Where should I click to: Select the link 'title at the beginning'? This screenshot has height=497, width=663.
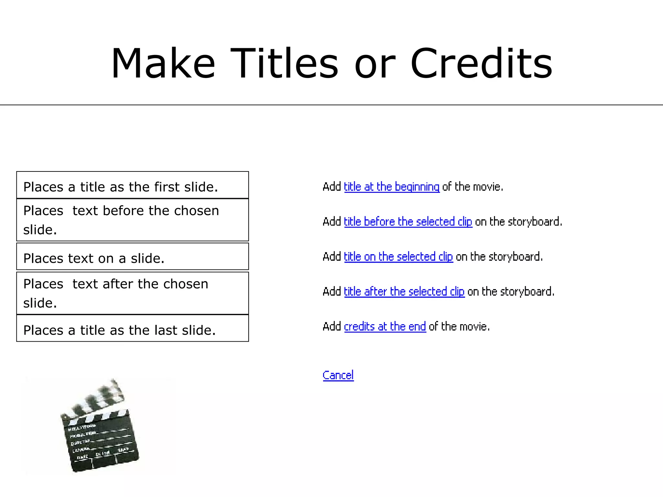tap(391, 187)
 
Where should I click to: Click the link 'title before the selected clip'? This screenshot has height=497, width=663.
tap(408, 222)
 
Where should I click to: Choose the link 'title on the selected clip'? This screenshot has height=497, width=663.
tap(398, 257)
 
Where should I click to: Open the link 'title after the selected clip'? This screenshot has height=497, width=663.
tap(404, 292)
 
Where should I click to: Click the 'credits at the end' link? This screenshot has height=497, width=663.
tap(385, 327)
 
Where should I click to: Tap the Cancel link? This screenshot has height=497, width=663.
tap(338, 375)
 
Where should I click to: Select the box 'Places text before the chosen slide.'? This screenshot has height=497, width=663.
tap(132, 220)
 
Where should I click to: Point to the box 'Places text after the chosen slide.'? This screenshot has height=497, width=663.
tap(132, 293)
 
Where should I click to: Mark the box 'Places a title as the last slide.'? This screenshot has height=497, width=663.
tap(132, 328)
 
